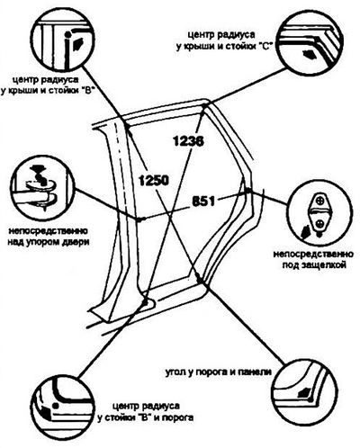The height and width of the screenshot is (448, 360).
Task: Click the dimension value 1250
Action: pos(154,181)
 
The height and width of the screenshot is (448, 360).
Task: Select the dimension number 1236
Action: pos(188,141)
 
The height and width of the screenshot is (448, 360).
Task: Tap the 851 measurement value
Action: pos(203,202)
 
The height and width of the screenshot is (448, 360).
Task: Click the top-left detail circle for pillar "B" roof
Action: pos(64,38)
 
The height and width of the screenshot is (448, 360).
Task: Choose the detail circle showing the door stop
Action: pos(42,189)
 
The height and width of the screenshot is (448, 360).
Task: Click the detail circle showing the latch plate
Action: pos(319,212)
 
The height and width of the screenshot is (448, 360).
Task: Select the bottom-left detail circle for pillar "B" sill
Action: pos(63,405)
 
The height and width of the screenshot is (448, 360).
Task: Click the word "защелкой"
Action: pos(325,265)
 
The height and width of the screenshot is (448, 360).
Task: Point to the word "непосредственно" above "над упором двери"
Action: pos(49,231)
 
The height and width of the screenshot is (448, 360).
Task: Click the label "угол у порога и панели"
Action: pos(219,372)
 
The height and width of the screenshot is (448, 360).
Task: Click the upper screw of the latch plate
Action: pos(320,200)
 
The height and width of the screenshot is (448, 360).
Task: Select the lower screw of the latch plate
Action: pos(320,222)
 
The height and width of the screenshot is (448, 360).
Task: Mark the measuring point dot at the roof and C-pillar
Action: pos(205,106)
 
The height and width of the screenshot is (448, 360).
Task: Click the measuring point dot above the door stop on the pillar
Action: pos(139,220)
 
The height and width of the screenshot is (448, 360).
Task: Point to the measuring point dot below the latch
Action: pos(247,190)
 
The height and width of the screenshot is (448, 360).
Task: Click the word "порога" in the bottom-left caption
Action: pos(177,417)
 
